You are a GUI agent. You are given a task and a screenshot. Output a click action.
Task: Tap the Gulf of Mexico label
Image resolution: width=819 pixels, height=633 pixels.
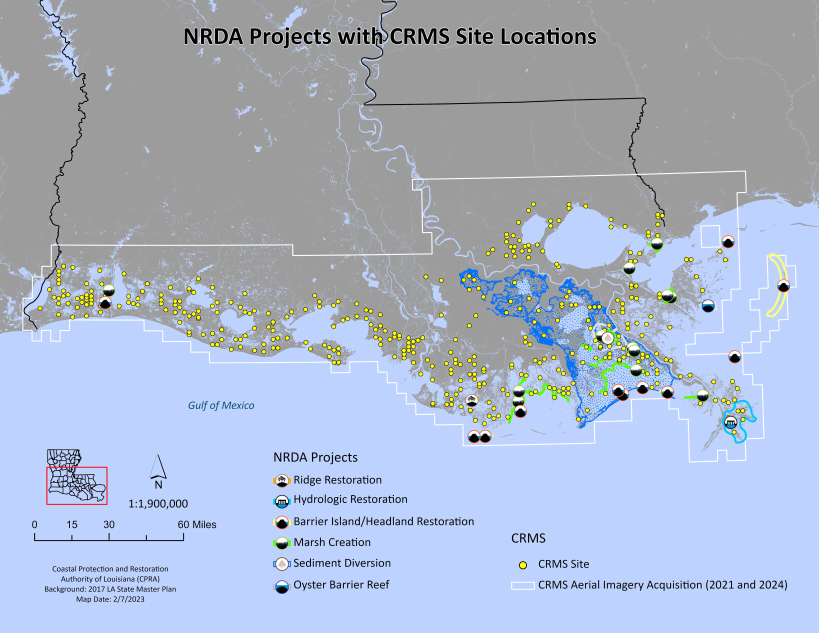[221, 405]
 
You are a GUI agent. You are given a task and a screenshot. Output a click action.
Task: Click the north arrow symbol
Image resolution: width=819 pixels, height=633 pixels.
[158, 467]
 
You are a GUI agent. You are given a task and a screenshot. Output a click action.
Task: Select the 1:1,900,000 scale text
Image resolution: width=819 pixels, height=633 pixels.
[158, 503]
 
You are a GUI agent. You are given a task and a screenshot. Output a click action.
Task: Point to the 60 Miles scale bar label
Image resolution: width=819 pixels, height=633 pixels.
[197, 524]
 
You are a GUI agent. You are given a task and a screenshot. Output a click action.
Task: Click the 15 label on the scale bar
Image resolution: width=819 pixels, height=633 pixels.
[72, 524]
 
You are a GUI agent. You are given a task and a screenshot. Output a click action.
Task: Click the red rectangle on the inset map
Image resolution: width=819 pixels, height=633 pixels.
[76, 485]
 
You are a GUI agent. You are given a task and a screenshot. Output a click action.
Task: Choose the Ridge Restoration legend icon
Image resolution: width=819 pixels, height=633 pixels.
[282, 480]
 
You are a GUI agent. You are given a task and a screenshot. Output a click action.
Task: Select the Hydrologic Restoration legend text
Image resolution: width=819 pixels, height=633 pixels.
[350, 499]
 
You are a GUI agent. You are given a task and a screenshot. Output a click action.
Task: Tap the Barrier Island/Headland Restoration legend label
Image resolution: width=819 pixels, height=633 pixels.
[383, 521]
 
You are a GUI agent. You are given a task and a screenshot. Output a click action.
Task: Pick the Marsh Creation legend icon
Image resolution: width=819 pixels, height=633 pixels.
[282, 542]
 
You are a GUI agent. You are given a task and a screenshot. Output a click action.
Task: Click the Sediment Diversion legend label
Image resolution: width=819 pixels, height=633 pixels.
[342, 563]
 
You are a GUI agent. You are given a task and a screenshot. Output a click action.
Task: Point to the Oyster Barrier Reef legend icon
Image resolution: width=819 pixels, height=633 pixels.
[282, 586]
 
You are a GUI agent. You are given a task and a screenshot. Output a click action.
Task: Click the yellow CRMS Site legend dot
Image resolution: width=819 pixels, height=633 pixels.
[523, 565]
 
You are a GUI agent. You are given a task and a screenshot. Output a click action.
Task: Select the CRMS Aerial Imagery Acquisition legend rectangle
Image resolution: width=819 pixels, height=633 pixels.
[522, 585]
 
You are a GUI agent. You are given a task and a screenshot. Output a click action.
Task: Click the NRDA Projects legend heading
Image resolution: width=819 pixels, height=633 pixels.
[315, 457]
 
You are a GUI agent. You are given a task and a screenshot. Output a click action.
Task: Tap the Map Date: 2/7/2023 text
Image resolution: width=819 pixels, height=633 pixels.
[110, 599]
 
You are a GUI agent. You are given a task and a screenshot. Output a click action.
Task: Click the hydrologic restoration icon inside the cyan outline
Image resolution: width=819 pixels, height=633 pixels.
[730, 422]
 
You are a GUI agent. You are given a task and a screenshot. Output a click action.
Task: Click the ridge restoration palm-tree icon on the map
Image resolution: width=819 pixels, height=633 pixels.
[471, 400]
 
